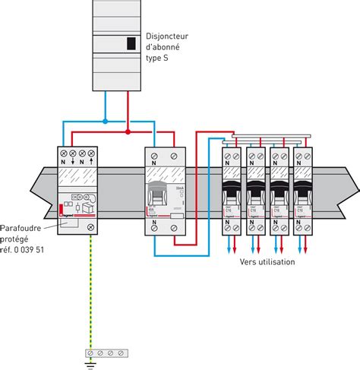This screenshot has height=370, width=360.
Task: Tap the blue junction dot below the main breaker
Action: click(106, 120)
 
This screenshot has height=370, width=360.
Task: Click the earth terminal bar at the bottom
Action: click(106, 352)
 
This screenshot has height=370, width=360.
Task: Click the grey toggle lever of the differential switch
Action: click(156, 196)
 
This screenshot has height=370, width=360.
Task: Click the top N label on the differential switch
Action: click(156, 161)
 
